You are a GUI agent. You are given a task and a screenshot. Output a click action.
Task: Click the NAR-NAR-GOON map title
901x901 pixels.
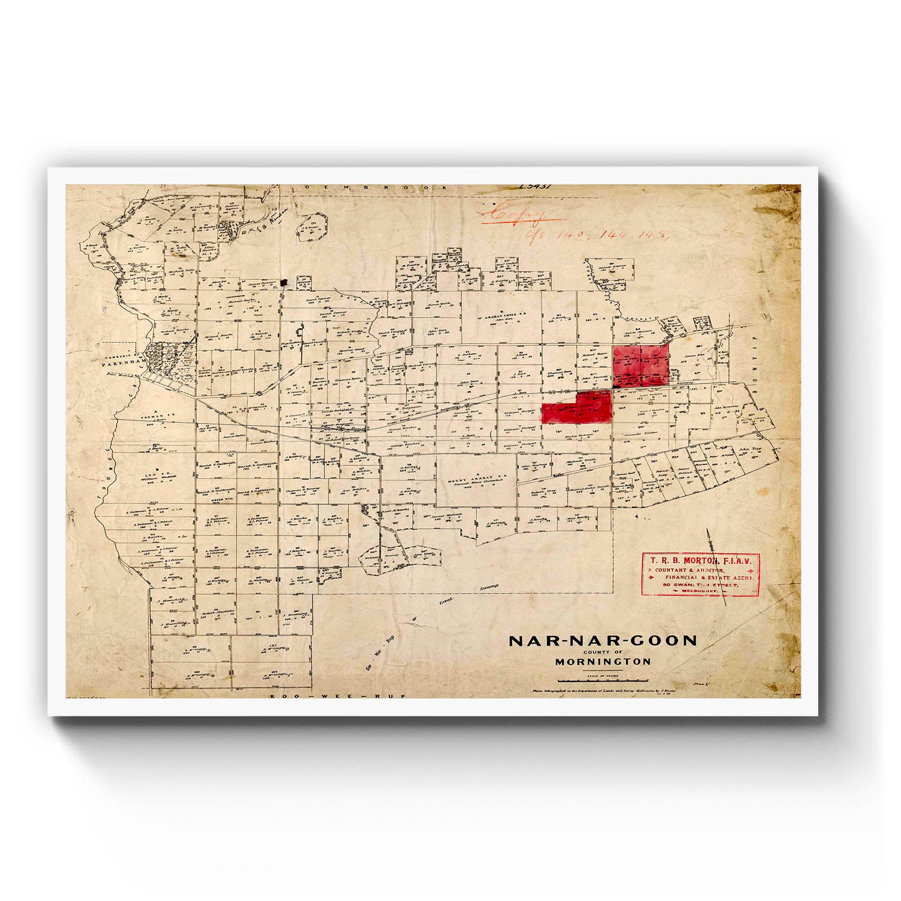pyautogui.click(x=603, y=640)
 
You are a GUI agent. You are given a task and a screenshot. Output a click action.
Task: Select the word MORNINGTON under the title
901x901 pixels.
pyautogui.click(x=603, y=662)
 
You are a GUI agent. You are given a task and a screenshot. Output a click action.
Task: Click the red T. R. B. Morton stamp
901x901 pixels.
pyautogui.click(x=701, y=575)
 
